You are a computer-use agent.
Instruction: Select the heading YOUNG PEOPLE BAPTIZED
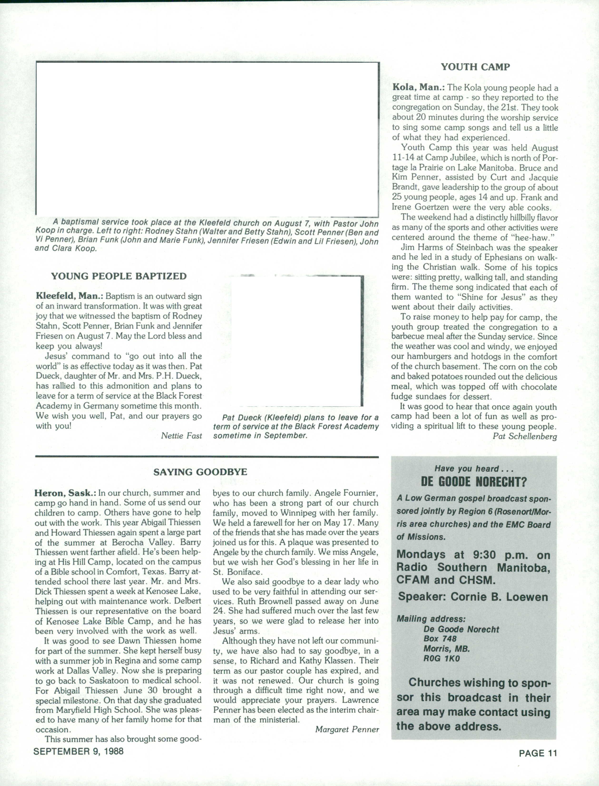[119, 276]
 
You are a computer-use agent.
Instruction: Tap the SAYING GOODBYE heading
[200, 472]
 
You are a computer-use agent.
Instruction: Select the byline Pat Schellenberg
[525, 436]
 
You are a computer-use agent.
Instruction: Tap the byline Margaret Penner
[347, 729]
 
